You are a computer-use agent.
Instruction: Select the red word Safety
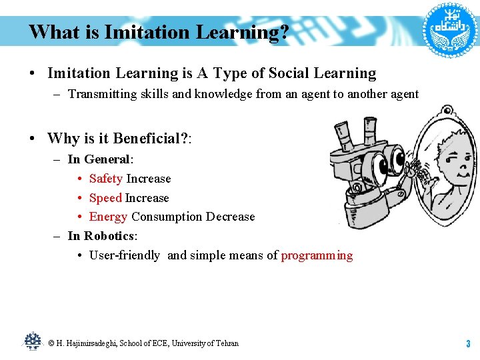pos(105,179)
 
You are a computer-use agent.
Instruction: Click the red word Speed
pos(105,198)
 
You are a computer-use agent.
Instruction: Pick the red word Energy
pos(108,217)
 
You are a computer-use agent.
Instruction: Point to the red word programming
pos(317,255)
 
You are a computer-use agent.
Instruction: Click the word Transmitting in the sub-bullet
pos(101,94)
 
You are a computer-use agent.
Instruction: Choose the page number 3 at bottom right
pos(468,344)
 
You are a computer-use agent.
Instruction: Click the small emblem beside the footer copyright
pos(32,341)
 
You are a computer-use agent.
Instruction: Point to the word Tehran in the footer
pos(227,343)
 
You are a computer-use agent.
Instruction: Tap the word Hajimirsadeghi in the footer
pos(89,343)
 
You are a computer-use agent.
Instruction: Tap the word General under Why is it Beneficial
pos(107,159)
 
